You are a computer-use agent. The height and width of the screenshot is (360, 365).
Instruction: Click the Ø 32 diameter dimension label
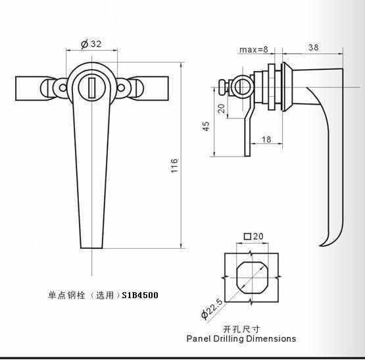tap(91, 44)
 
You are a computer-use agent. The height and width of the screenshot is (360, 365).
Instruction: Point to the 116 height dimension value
tap(174, 166)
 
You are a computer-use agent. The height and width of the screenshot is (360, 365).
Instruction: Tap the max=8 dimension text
tap(254, 49)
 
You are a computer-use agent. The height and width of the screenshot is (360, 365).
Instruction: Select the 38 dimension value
tap(313, 47)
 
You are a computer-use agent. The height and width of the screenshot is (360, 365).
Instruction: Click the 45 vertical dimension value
tap(206, 126)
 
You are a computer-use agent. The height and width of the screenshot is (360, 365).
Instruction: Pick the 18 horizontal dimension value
tap(266, 140)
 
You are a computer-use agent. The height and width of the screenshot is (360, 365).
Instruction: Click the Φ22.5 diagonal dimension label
tap(212, 309)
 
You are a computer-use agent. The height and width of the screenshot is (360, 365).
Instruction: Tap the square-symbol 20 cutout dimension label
tap(253, 236)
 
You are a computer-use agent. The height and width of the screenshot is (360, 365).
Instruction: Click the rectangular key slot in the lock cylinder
tap(91, 88)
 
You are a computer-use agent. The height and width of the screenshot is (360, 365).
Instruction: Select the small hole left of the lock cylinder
tap(62, 88)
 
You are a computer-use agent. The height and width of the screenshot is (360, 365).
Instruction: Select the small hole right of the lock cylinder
tap(121, 88)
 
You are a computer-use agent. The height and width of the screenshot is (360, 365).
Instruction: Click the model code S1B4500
tap(140, 296)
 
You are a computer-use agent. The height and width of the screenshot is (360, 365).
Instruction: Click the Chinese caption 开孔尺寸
tap(241, 329)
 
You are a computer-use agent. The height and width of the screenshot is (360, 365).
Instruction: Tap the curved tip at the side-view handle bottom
tap(323, 245)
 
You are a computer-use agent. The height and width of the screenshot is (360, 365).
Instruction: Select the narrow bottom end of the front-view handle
tap(91, 247)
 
